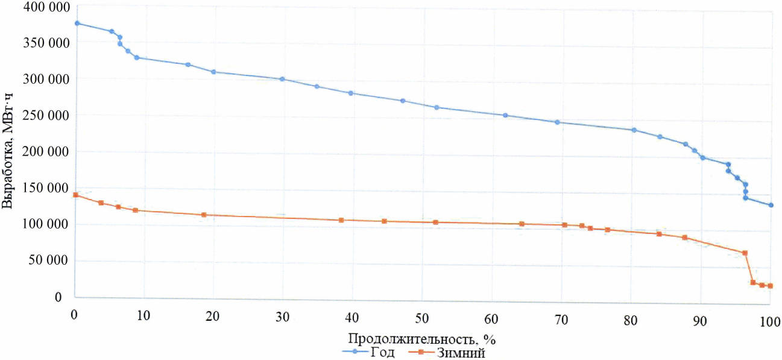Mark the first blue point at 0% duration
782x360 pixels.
77,23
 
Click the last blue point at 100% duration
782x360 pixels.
771,205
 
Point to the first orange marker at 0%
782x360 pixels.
75,195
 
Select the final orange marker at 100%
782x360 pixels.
770,286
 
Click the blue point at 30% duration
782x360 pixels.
282,79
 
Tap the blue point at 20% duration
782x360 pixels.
213,72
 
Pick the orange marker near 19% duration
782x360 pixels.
204,215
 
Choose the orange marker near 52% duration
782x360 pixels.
435,222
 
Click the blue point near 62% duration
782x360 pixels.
505,115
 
